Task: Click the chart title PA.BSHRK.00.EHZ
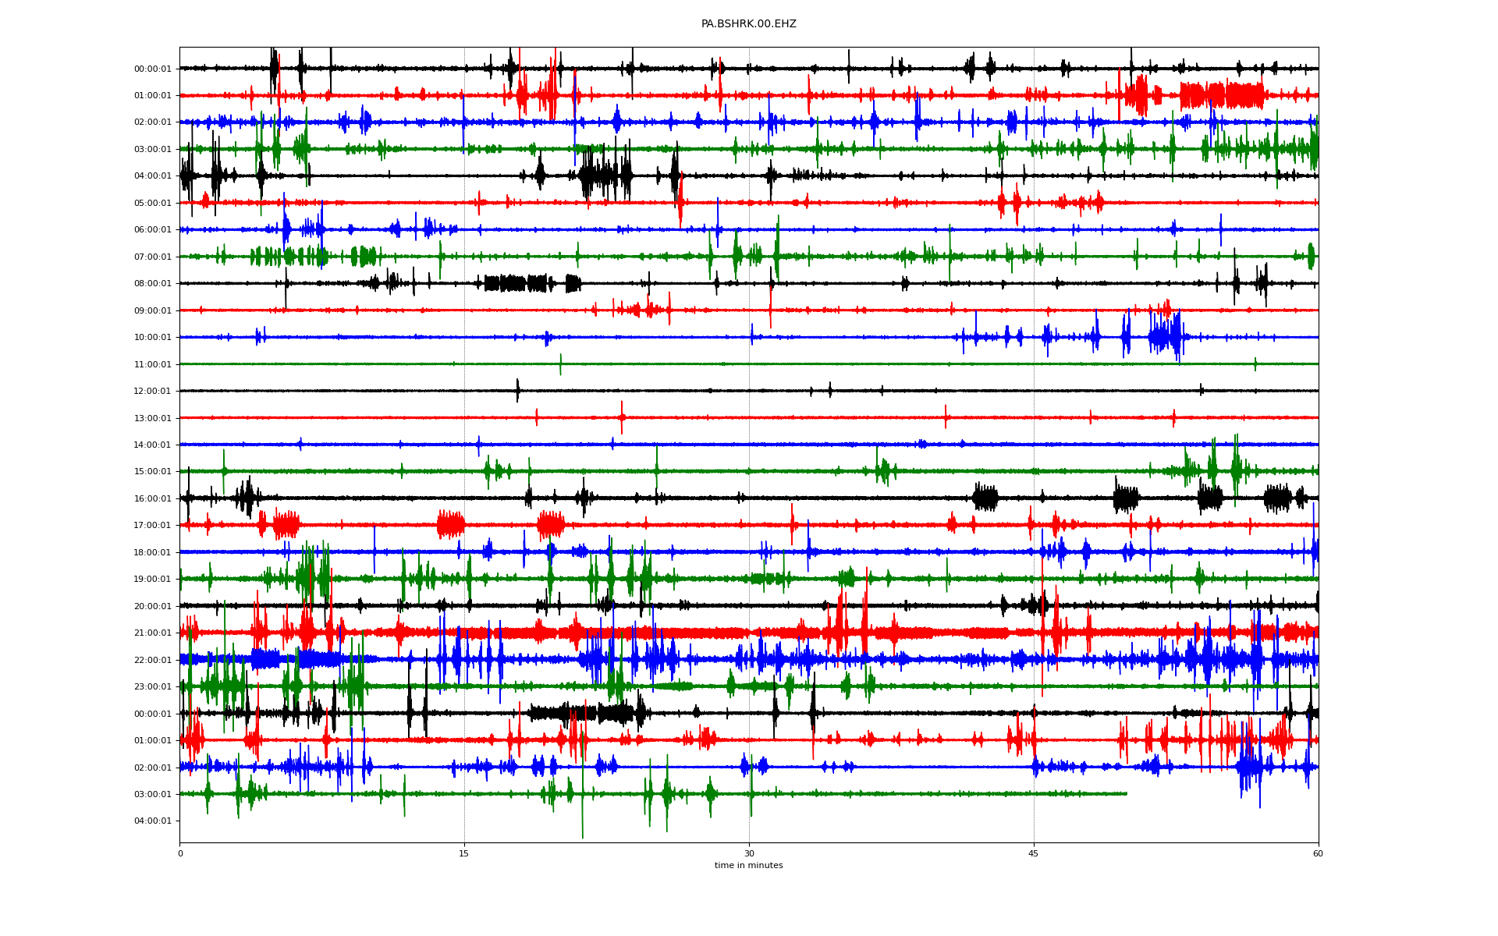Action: click(x=748, y=24)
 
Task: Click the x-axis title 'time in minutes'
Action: click(x=748, y=865)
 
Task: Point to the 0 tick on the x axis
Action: click(x=180, y=853)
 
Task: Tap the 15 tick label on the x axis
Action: click(x=464, y=853)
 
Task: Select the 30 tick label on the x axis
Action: click(x=749, y=853)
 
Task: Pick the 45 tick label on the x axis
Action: click(x=1034, y=853)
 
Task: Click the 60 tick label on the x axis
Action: click(x=1318, y=853)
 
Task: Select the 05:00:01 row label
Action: click(x=152, y=203)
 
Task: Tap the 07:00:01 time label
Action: click(x=152, y=257)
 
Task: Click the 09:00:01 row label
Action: click(x=152, y=310)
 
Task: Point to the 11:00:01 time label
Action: click(x=152, y=364)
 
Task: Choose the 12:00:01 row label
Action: click(x=152, y=391)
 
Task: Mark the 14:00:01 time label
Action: click(x=152, y=445)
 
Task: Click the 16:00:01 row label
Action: click(x=152, y=498)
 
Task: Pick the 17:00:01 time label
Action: click(x=152, y=525)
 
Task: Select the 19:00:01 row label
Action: click(x=152, y=579)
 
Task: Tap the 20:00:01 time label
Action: click(x=152, y=606)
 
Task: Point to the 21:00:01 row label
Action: click(x=152, y=633)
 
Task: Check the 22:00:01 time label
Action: click(x=152, y=660)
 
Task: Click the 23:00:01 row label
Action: click(x=152, y=686)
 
